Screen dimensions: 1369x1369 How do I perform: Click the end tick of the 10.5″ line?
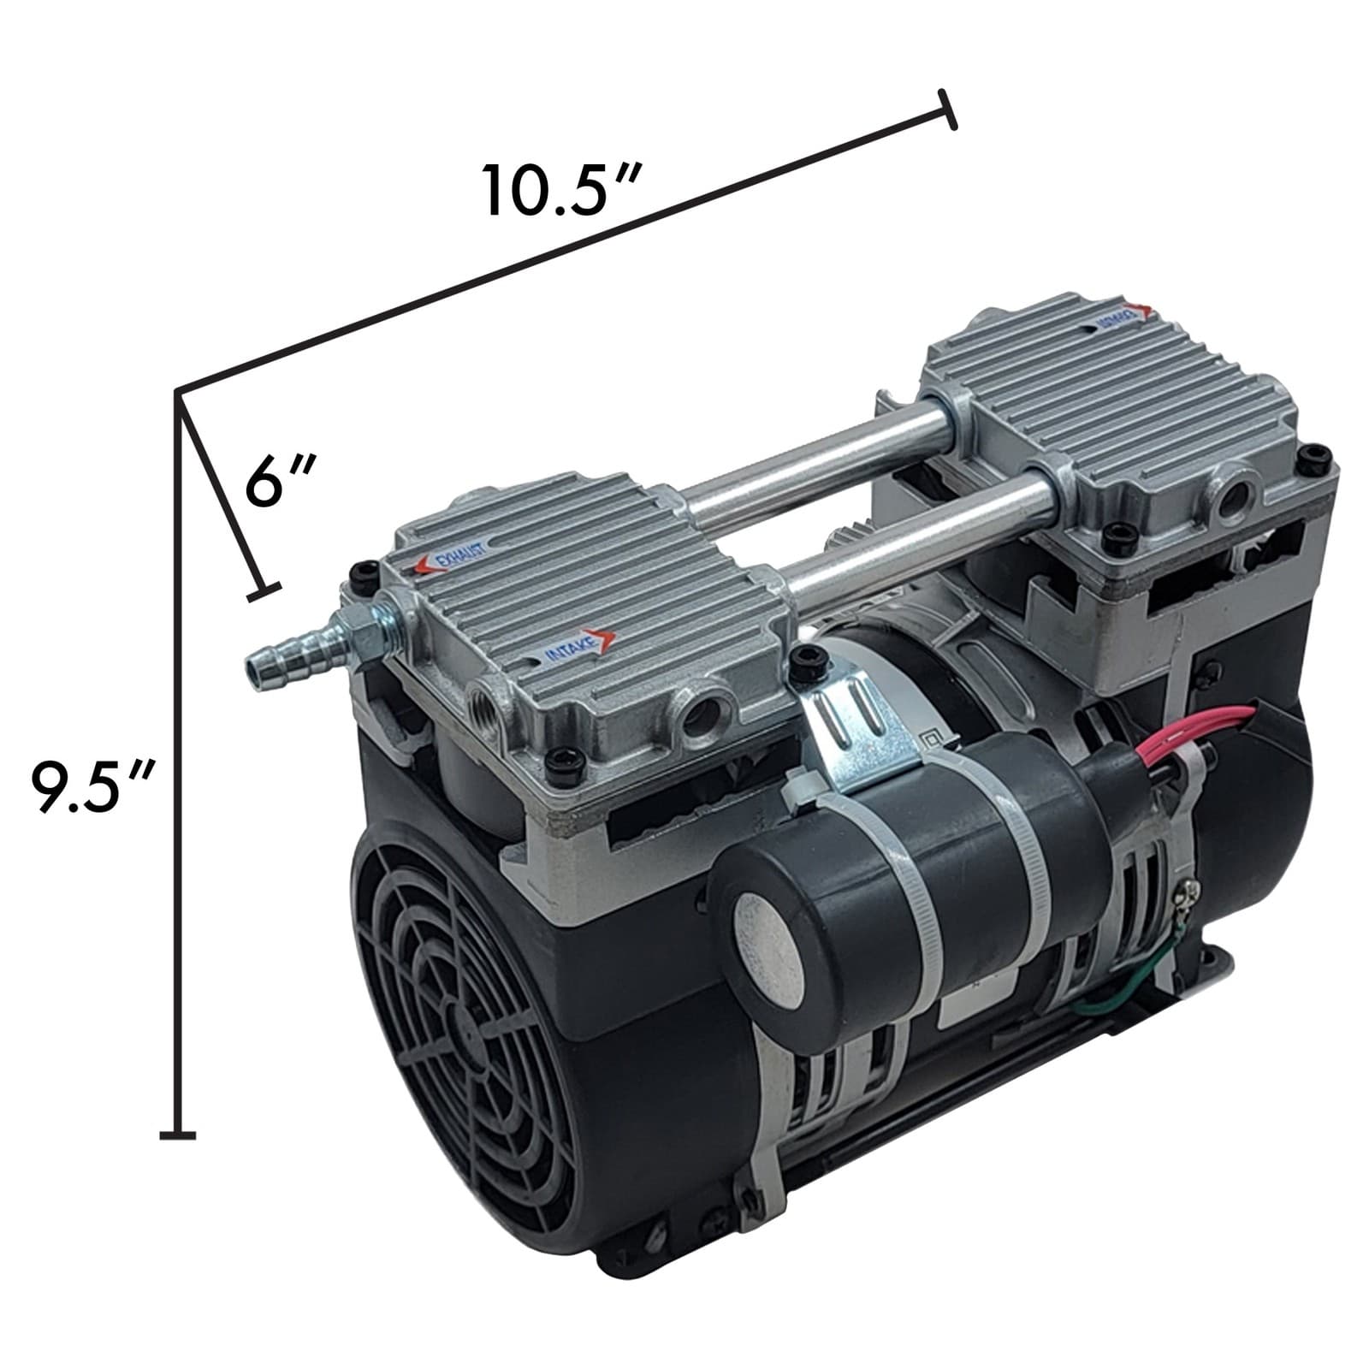click(x=946, y=110)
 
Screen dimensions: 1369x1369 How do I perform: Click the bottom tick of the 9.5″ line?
click(x=178, y=1135)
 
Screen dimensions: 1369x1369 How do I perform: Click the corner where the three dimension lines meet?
click(x=177, y=393)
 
